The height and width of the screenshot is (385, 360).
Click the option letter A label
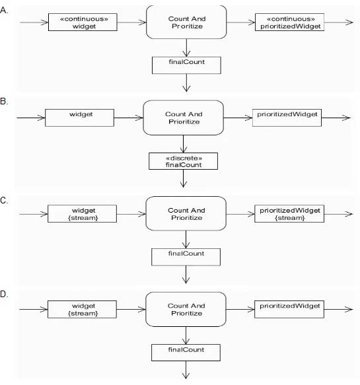click(x=4, y=11)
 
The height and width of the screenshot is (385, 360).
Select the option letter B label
click(x=4, y=101)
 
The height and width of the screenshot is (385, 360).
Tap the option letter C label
click(x=4, y=200)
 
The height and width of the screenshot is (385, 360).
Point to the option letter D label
click(x=4, y=294)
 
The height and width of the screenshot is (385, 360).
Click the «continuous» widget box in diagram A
click(x=83, y=22)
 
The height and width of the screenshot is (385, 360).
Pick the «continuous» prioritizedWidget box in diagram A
click(x=289, y=22)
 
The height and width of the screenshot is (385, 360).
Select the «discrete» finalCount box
click(x=183, y=161)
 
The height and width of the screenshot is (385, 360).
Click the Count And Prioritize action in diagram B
click(x=183, y=118)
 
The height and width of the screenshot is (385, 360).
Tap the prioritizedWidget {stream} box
click(x=289, y=213)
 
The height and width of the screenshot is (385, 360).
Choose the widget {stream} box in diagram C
click(x=82, y=213)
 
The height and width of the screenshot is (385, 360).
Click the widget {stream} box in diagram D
click(x=82, y=309)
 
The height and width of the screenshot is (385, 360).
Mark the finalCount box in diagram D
click(x=186, y=353)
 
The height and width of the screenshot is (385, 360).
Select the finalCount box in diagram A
click(x=186, y=65)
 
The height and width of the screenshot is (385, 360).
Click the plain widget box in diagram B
click(x=79, y=118)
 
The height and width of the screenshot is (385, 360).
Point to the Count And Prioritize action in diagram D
click(x=186, y=309)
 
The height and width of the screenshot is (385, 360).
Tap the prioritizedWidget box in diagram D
click(x=289, y=309)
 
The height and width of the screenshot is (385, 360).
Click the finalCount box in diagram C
click(x=186, y=257)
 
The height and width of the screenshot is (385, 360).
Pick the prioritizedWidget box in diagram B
click(x=287, y=118)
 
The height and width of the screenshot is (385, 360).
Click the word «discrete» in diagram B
click(x=184, y=158)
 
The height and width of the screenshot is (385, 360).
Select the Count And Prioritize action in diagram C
click(x=186, y=213)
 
